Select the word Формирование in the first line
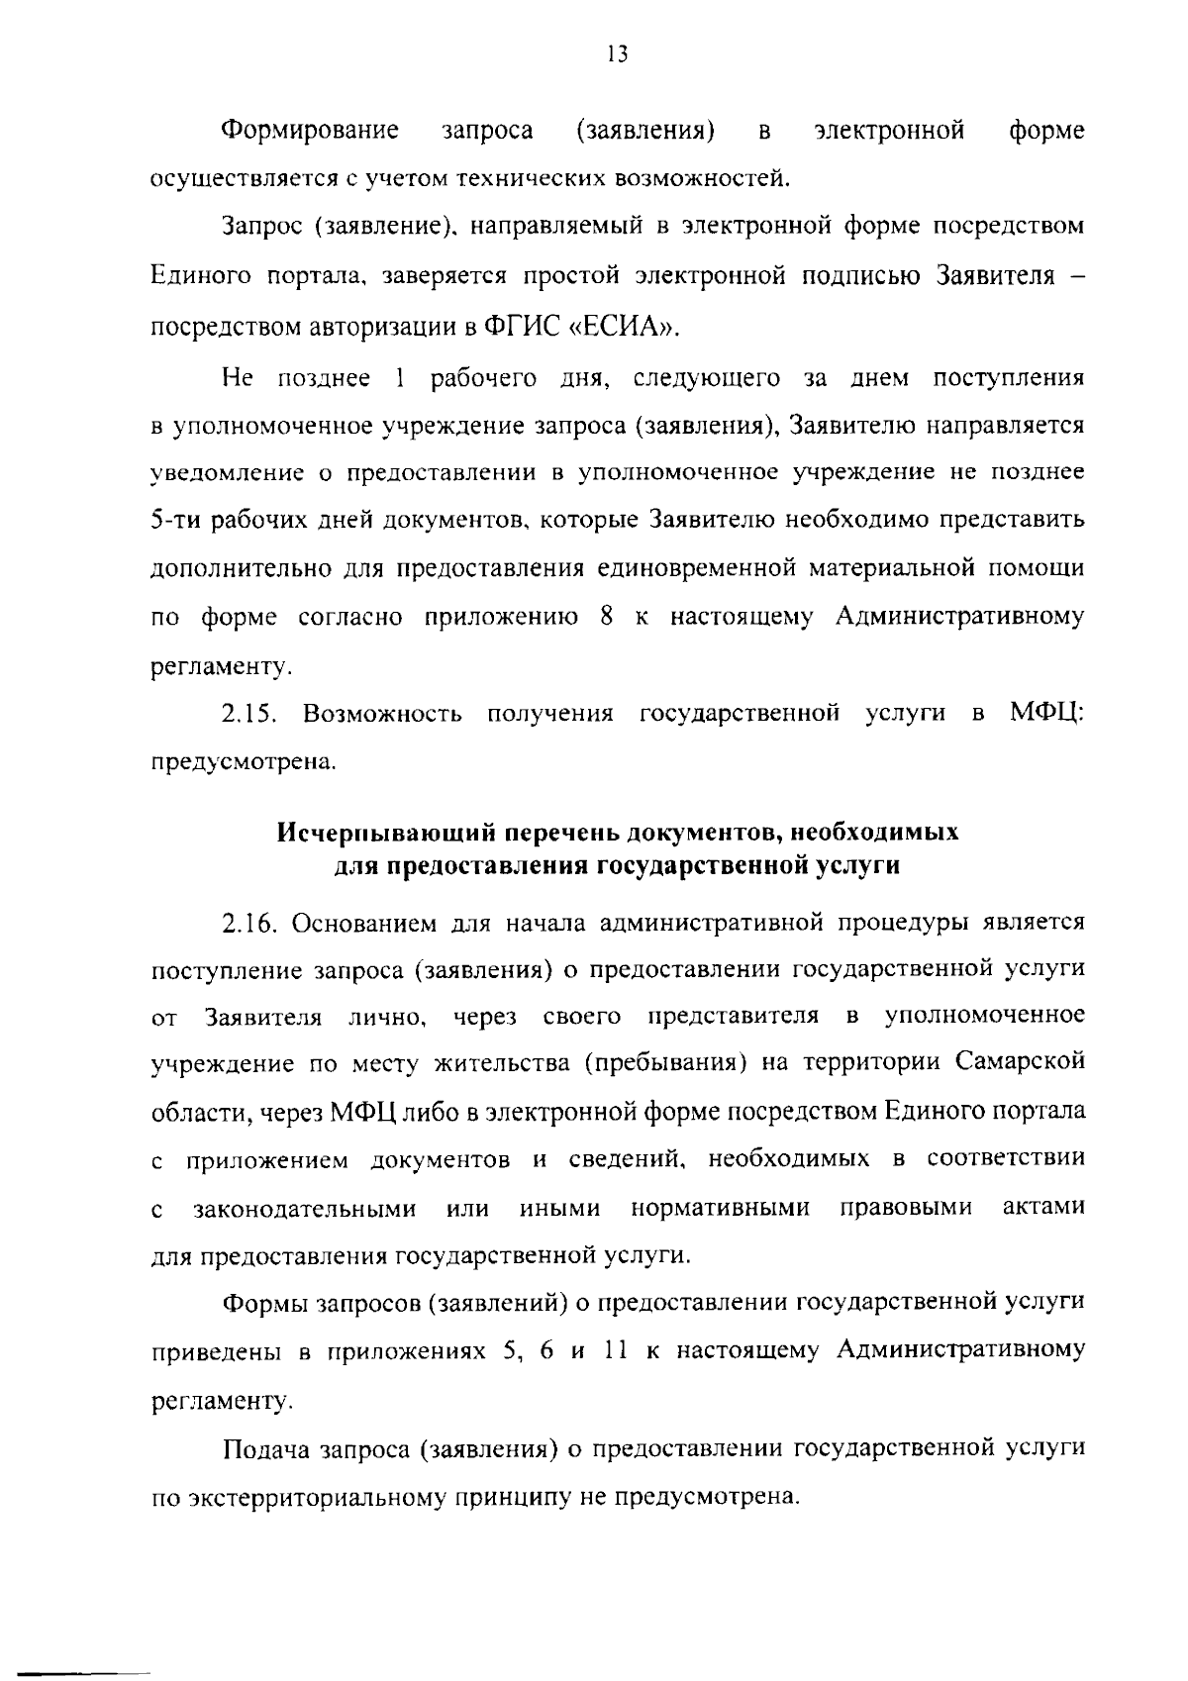(310, 131)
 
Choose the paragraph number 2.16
(249, 924)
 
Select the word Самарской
(1021, 1062)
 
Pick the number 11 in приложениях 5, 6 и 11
(616, 1349)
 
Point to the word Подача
(262, 1448)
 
